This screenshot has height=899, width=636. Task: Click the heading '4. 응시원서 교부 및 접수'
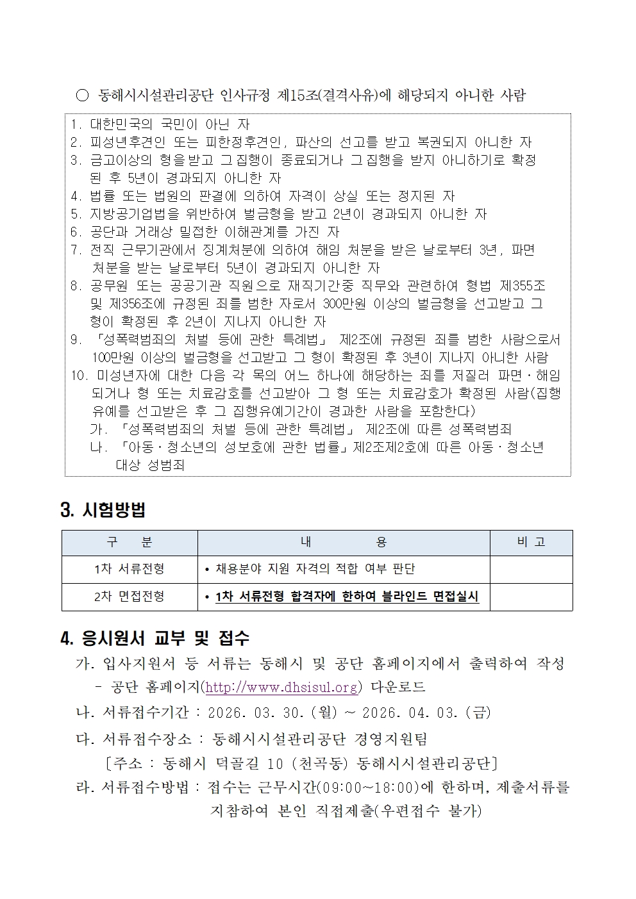coord(155,638)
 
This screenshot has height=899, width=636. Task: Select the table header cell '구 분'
coord(130,542)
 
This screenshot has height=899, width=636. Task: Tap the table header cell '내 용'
coord(344,542)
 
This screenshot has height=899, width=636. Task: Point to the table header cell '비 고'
coord(531,542)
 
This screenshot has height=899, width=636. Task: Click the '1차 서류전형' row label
coord(130,568)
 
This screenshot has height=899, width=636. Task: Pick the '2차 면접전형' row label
coord(130,597)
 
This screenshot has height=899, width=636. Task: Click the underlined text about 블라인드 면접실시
coord(347,597)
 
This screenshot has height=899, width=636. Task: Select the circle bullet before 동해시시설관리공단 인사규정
coord(82,96)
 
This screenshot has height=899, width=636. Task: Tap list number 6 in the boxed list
coord(75,232)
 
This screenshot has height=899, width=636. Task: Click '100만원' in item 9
coord(113,358)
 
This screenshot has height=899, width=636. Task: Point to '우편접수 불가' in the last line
coord(428,811)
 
